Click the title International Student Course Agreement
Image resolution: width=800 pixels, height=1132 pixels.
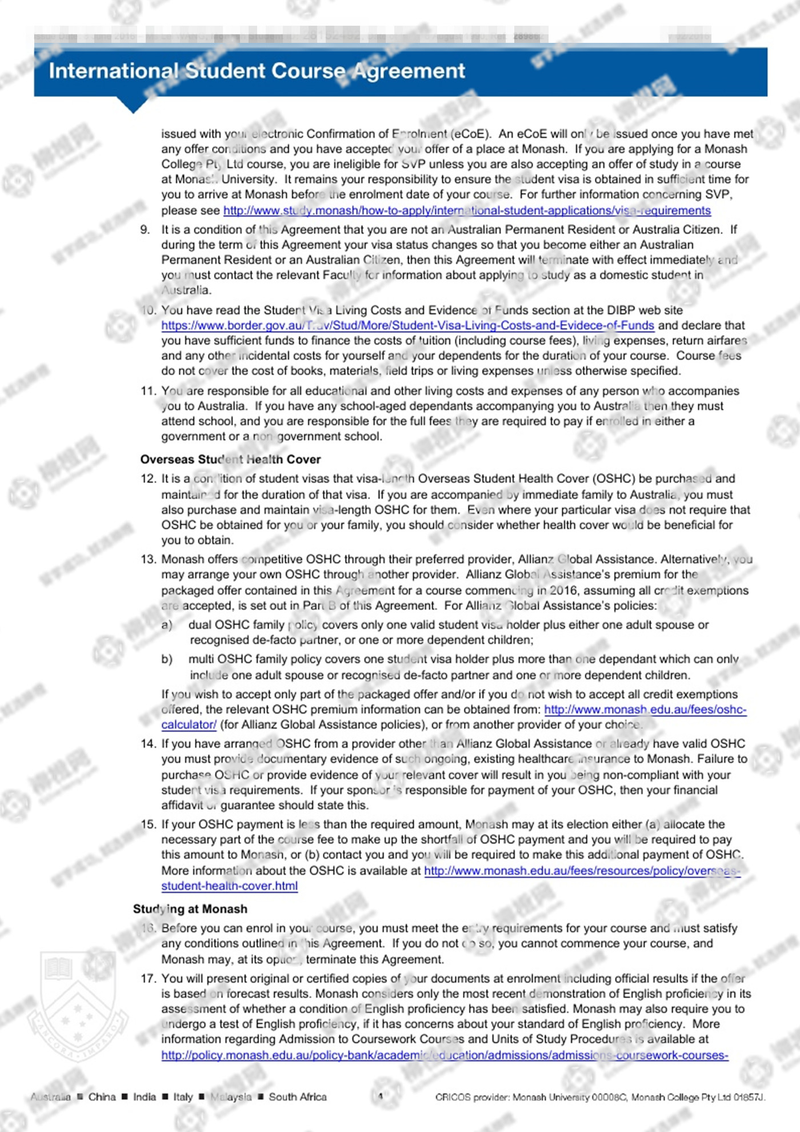point(257,71)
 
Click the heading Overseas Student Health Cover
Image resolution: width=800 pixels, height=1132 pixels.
point(230,459)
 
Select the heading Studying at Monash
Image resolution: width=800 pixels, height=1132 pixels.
point(190,908)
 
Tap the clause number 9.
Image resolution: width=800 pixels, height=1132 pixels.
point(145,229)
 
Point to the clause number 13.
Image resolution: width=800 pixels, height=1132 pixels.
point(147,559)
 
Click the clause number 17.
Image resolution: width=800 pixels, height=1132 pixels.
point(147,978)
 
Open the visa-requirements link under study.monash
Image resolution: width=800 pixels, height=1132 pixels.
point(466,210)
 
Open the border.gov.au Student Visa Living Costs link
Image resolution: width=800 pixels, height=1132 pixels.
point(407,325)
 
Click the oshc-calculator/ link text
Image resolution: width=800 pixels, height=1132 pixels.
point(189,724)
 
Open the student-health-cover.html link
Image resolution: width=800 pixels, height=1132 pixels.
point(229,886)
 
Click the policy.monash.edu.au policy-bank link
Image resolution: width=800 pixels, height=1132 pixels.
point(444,1055)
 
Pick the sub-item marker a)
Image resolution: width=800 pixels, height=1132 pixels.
point(166,625)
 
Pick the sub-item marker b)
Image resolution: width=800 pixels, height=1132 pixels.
point(166,659)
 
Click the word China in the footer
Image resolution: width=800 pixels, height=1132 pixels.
point(102,1097)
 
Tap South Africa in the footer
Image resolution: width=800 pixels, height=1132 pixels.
point(297,1097)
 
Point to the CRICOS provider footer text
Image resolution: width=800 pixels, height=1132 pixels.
point(599,1097)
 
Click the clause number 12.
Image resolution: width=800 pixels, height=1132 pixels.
point(147,479)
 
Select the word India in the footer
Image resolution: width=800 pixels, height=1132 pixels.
point(144,1097)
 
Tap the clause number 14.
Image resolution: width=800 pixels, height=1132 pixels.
point(147,743)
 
